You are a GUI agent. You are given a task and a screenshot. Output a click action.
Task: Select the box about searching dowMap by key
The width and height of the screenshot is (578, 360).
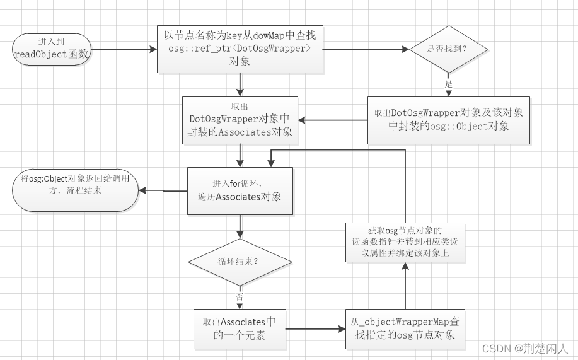pyautogui.click(x=240, y=49)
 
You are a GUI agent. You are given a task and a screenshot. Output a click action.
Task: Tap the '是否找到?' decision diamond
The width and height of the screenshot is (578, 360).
pyautogui.click(x=448, y=49)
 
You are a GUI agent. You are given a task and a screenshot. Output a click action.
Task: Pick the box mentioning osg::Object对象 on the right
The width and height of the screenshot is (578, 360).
pyautogui.click(x=448, y=119)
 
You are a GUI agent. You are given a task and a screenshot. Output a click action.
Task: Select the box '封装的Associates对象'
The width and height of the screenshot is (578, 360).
pyautogui.click(x=240, y=120)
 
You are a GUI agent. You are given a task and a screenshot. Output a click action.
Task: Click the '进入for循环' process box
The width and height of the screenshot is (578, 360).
pyautogui.click(x=240, y=190)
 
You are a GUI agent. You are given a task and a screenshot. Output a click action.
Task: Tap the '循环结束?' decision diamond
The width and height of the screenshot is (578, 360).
pyautogui.click(x=240, y=262)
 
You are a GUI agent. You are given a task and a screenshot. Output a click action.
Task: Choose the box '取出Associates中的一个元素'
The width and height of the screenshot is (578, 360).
pyautogui.click(x=240, y=328)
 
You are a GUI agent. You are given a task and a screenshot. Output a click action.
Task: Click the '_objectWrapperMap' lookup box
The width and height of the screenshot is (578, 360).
pyautogui.click(x=405, y=328)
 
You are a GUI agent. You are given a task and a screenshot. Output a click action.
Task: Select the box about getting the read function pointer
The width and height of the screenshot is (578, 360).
pyautogui.click(x=405, y=242)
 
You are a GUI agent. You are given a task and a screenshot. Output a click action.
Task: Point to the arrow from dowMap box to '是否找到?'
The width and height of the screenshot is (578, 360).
pyautogui.click(x=366, y=49)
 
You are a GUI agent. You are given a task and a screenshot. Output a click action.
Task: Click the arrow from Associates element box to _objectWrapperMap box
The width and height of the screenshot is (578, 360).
pyautogui.click(x=315, y=328)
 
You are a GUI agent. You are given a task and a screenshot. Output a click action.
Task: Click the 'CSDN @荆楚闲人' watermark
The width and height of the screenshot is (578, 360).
pyautogui.click(x=525, y=348)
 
